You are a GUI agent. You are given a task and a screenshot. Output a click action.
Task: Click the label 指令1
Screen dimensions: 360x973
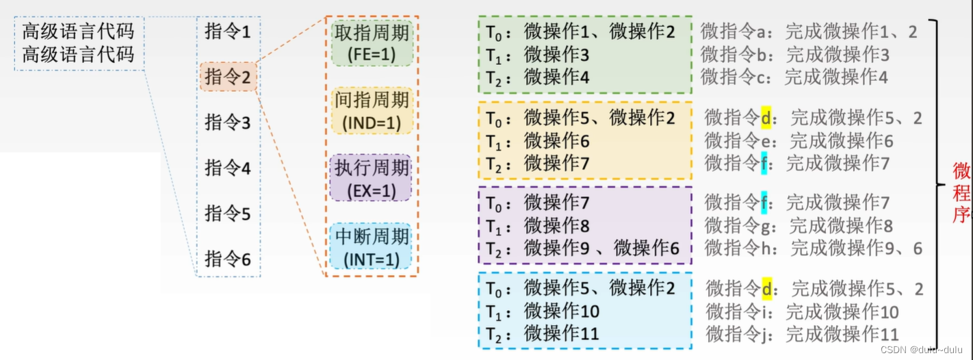coord(228,31)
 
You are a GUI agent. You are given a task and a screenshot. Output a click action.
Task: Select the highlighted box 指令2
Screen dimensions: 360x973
coord(228,77)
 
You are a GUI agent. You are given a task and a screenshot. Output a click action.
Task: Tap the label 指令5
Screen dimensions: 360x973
coord(228,214)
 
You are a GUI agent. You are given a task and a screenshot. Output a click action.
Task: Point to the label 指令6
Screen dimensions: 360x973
coord(228,259)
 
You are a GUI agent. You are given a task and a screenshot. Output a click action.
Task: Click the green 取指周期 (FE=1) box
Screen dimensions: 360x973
coord(372,42)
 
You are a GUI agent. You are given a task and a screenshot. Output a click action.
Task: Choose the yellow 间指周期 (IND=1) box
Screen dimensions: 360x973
coord(372,111)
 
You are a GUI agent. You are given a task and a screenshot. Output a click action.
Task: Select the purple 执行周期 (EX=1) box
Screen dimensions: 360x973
coord(372,179)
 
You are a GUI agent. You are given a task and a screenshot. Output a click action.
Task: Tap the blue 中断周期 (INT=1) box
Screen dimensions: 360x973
coord(372,247)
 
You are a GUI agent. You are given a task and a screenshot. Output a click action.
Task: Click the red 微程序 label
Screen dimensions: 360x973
coord(961,192)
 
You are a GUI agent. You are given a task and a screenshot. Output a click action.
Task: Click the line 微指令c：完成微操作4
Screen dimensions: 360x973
coord(794,77)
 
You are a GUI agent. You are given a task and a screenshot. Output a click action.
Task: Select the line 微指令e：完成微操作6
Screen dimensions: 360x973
coord(799,141)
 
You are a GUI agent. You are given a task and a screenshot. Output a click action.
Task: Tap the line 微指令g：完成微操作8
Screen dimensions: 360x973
coord(799,225)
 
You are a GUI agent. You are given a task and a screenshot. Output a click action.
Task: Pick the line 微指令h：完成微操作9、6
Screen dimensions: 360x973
coord(813,248)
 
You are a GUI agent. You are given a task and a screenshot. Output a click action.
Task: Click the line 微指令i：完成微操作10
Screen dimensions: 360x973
coord(802,312)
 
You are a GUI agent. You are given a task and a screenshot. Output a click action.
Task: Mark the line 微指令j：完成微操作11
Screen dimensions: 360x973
coord(802,334)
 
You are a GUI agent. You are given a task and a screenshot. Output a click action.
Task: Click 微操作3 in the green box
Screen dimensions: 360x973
coord(556,55)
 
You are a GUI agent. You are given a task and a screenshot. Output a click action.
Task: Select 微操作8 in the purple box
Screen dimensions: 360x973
coord(556,225)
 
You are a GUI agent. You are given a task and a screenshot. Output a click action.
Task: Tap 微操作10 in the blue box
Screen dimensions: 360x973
coord(561,311)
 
